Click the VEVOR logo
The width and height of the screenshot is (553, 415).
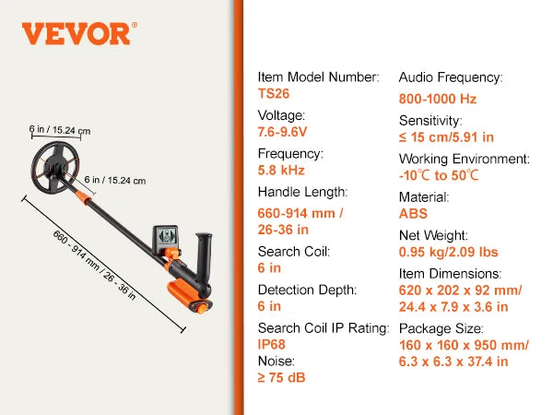[x=79, y=33]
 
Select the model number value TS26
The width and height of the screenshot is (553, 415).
[x=274, y=94]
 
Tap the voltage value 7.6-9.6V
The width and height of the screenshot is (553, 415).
[x=282, y=132]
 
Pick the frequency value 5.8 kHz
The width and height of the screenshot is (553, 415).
[x=281, y=170]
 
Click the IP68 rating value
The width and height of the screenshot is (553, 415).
[x=272, y=344]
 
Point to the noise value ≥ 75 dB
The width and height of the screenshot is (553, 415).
[x=281, y=377]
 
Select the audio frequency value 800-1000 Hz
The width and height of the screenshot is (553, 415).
[x=438, y=99]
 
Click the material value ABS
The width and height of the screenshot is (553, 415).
[x=413, y=214]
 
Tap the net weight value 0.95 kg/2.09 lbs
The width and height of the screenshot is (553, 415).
[x=448, y=252]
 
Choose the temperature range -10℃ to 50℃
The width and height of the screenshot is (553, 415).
[x=439, y=175]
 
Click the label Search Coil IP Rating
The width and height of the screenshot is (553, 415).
[x=324, y=328]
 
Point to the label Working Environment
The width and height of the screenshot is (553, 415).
[x=465, y=160]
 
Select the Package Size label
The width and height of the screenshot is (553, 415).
[x=441, y=329]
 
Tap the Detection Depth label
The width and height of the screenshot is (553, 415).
[x=307, y=290]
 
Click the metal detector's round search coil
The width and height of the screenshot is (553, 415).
[x=55, y=168]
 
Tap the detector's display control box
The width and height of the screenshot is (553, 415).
[x=166, y=239]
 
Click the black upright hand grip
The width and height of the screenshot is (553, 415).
[x=204, y=264]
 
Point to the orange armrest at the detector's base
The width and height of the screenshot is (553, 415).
[x=189, y=297]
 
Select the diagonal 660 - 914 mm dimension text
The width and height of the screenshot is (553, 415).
[x=94, y=265]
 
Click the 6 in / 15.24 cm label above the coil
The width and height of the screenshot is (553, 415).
[x=60, y=130]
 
